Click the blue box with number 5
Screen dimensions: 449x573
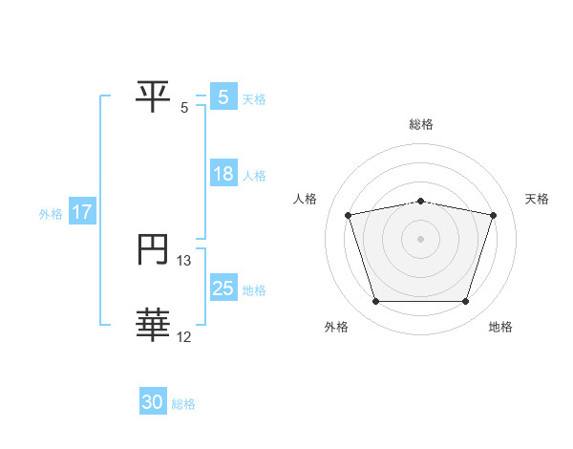pos(223,96)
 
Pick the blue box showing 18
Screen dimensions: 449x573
pos(223,175)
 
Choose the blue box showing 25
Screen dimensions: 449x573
pos(223,289)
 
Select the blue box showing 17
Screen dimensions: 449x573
pos(82,212)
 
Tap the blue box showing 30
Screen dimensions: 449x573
pos(153,402)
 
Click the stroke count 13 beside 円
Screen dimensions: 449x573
pos(184,260)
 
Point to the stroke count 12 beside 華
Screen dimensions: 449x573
pos(184,335)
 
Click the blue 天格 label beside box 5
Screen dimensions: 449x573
pos(254,98)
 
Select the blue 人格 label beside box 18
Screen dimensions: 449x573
pos(254,176)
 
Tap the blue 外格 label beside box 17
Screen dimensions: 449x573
pos(51,214)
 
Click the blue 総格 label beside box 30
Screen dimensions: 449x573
pos(183,404)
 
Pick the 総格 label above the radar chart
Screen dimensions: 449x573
pos(421,124)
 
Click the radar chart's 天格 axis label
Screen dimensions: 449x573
pos(538,199)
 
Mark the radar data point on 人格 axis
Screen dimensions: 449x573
pos(349,216)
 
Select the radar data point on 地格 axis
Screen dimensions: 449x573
pos(465,302)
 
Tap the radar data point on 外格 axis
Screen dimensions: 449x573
pos(375,302)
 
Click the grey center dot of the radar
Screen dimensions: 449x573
pos(420,239)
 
